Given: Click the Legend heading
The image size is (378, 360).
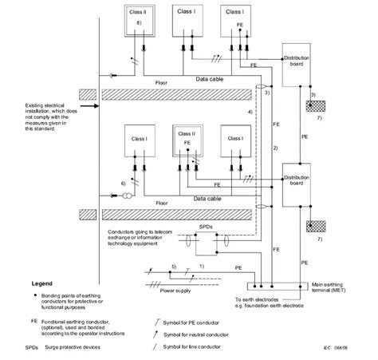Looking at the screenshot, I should [x=42, y=283].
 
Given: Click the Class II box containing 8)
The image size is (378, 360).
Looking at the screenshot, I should [x=139, y=25].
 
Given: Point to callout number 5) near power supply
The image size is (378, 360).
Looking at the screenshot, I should [x=174, y=265].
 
